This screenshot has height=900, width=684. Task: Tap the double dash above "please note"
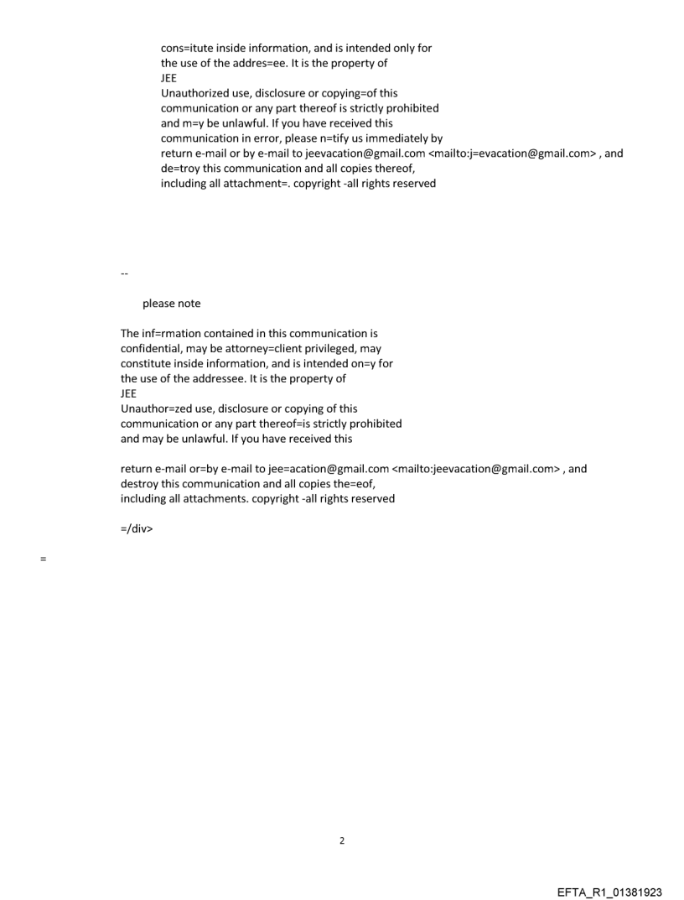point(125,273)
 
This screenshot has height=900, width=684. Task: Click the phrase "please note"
point(172,304)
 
